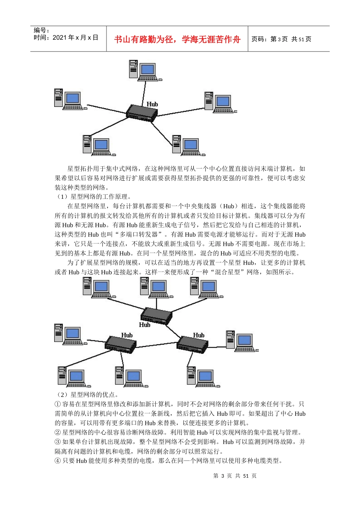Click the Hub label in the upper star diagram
point(152,104)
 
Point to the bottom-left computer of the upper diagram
point(97,145)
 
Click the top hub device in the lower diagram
point(156,315)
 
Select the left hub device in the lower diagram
point(121,344)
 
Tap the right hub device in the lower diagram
point(193,344)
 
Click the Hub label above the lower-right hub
point(199,335)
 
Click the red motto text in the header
point(177,39)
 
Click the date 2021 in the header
point(59,37)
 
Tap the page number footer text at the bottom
point(235,476)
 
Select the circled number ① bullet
point(58,404)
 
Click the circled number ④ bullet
point(58,461)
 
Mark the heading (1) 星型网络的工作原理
point(94,197)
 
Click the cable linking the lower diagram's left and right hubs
point(157,345)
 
